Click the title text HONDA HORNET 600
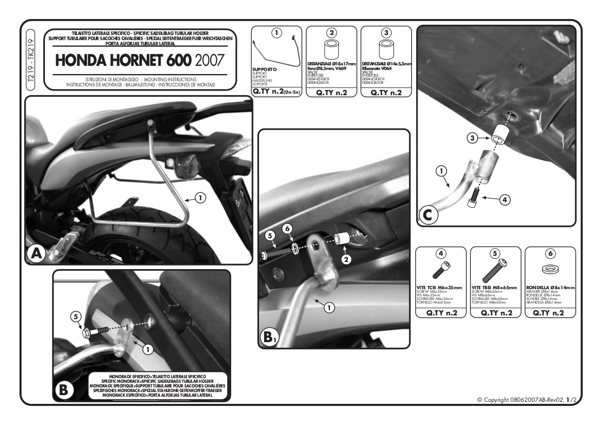(x=123, y=60)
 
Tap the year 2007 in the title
(x=209, y=60)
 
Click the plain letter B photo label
(x=63, y=390)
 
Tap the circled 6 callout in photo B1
(x=288, y=227)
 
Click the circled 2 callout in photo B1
(x=346, y=260)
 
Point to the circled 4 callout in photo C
(x=505, y=200)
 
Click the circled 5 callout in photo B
(x=76, y=317)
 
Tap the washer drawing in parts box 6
(x=550, y=269)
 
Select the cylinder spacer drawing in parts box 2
(x=332, y=50)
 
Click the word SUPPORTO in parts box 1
(x=265, y=68)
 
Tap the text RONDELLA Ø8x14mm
(x=550, y=288)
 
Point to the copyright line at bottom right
(x=525, y=399)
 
